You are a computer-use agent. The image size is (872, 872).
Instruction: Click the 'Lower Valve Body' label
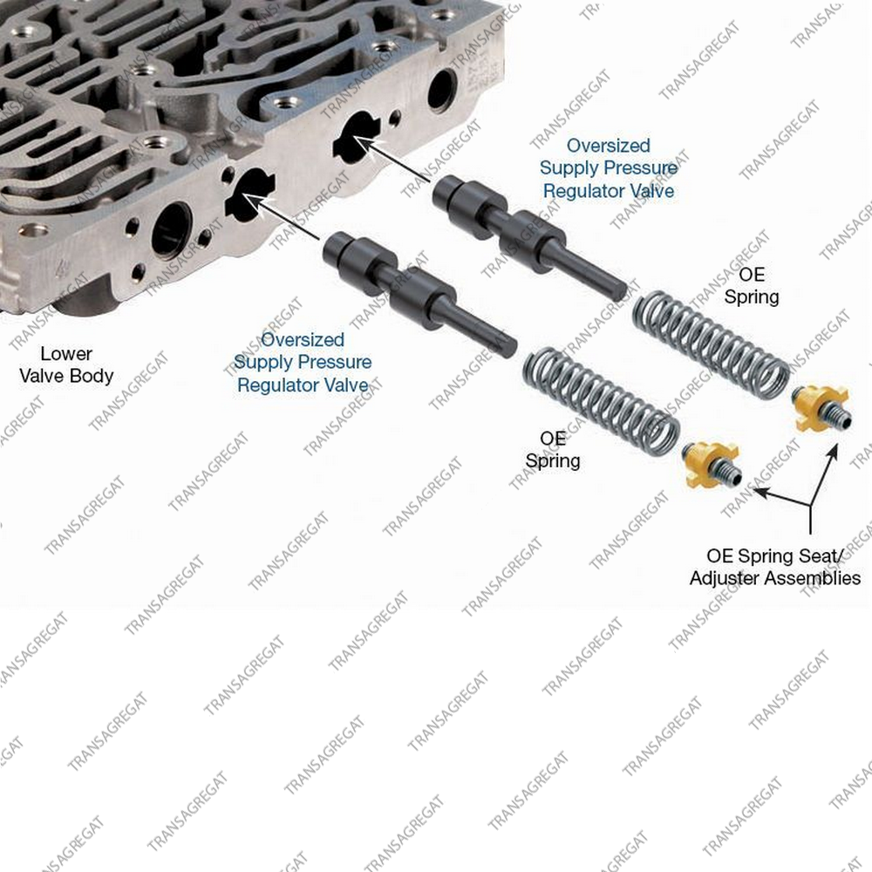[x=66, y=364]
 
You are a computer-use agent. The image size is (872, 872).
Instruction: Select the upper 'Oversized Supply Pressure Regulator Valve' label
[x=609, y=168]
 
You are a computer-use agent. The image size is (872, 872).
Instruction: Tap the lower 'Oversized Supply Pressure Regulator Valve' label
[x=303, y=362]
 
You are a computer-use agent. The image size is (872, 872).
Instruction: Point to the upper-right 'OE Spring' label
[x=752, y=285]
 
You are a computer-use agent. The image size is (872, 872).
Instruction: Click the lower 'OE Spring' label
[x=553, y=449]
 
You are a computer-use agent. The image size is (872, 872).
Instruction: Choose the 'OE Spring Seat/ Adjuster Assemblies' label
[x=775, y=567]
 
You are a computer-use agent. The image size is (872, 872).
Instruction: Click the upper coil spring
[x=712, y=344]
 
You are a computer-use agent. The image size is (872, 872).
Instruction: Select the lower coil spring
[x=601, y=401]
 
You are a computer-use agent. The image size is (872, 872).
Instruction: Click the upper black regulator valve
[x=529, y=237]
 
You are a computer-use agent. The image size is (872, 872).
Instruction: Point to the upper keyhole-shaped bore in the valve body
[x=357, y=137]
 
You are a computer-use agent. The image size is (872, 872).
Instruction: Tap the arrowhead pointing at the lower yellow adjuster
[x=760, y=491]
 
